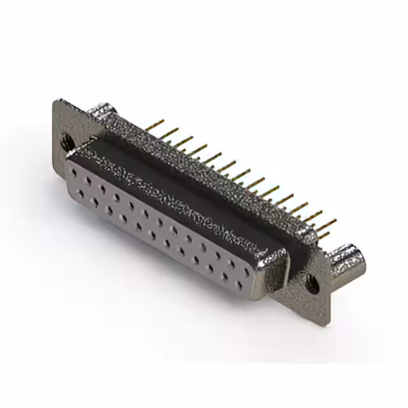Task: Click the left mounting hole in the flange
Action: pos(66,142)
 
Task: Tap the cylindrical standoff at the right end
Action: pos(349,258)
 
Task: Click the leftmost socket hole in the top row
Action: pos(75,172)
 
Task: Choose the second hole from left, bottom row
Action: pos(96,201)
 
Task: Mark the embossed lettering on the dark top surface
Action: pos(185,198)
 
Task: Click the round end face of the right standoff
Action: pos(357,259)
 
